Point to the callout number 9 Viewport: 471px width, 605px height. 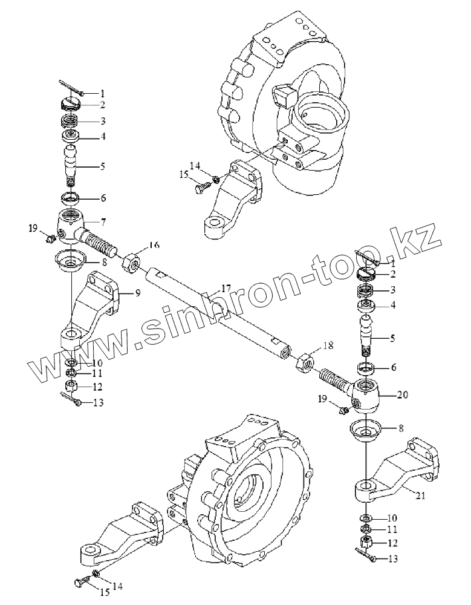pos(138,293)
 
